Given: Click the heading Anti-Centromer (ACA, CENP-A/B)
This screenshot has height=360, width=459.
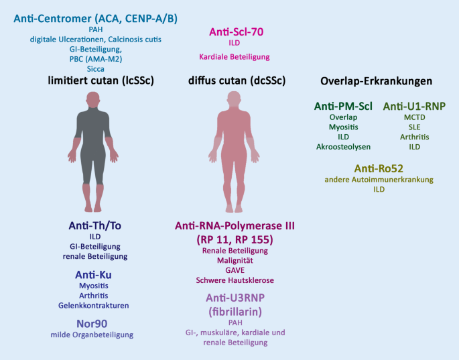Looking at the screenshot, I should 96,17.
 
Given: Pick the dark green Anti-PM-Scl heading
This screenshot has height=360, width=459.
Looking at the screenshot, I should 343,106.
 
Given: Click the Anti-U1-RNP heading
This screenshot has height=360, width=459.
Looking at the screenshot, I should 414,106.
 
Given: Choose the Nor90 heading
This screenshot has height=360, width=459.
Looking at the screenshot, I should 94,322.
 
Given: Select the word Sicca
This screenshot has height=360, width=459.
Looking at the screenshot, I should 95,68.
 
